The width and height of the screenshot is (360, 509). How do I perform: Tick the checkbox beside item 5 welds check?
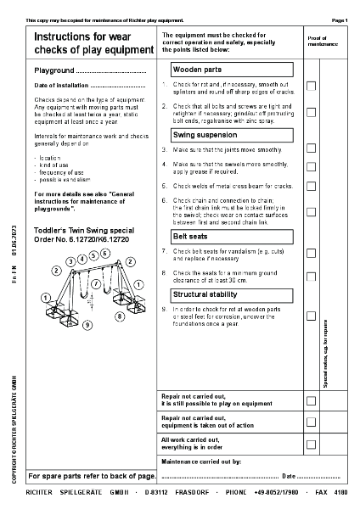(x=311, y=185)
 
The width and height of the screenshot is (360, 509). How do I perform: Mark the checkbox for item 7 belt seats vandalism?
(x=311, y=253)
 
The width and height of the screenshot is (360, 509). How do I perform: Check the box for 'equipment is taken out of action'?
(x=311, y=422)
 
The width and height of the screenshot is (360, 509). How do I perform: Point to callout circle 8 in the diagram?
(x=120, y=316)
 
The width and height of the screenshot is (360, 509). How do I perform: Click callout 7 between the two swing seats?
(x=96, y=283)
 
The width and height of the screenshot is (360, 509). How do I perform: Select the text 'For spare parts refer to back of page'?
(x=92, y=476)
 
